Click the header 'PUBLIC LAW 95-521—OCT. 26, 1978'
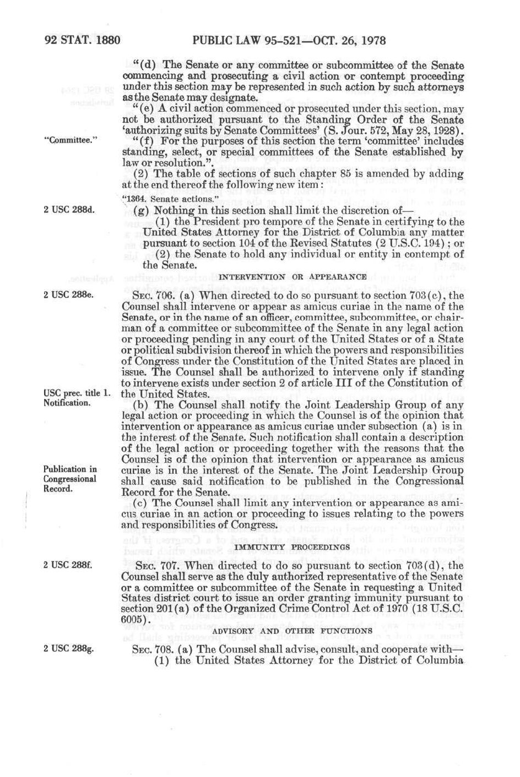pyautogui.click(x=289, y=40)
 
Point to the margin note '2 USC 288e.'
pyautogui.click(x=68, y=294)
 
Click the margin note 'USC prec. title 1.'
pyautogui.click(x=77, y=393)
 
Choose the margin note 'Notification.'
pyautogui.click(x=67, y=403)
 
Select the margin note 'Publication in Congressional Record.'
pyautogui.click(x=70, y=479)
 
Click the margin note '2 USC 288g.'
pyautogui.click(x=68, y=648)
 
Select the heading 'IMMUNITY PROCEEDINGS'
pyautogui.click(x=292, y=547)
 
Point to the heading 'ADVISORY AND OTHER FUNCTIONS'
pyautogui.click(x=292, y=631)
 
